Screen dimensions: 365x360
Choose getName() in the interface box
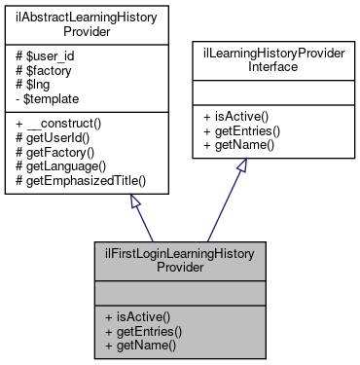pos(242,144)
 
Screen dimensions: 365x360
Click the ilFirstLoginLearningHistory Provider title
pos(179,259)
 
